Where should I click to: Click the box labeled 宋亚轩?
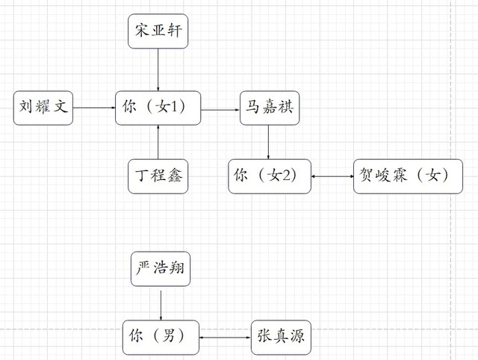[158, 31]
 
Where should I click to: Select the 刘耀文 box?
[43, 108]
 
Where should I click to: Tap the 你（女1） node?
[159, 108]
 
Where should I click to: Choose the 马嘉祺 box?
[269, 108]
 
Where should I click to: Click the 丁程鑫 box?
[158, 176]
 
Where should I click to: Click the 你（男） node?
[161, 338]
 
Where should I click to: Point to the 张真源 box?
[277, 338]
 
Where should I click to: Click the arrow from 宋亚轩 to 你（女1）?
[158, 69]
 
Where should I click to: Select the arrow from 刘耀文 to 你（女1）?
[93, 108]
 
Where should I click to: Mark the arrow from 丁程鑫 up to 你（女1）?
[158, 142]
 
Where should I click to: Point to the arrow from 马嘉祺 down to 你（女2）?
[269, 142]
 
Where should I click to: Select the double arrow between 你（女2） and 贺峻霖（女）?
[332, 176]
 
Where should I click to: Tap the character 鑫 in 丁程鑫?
[175, 176]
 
